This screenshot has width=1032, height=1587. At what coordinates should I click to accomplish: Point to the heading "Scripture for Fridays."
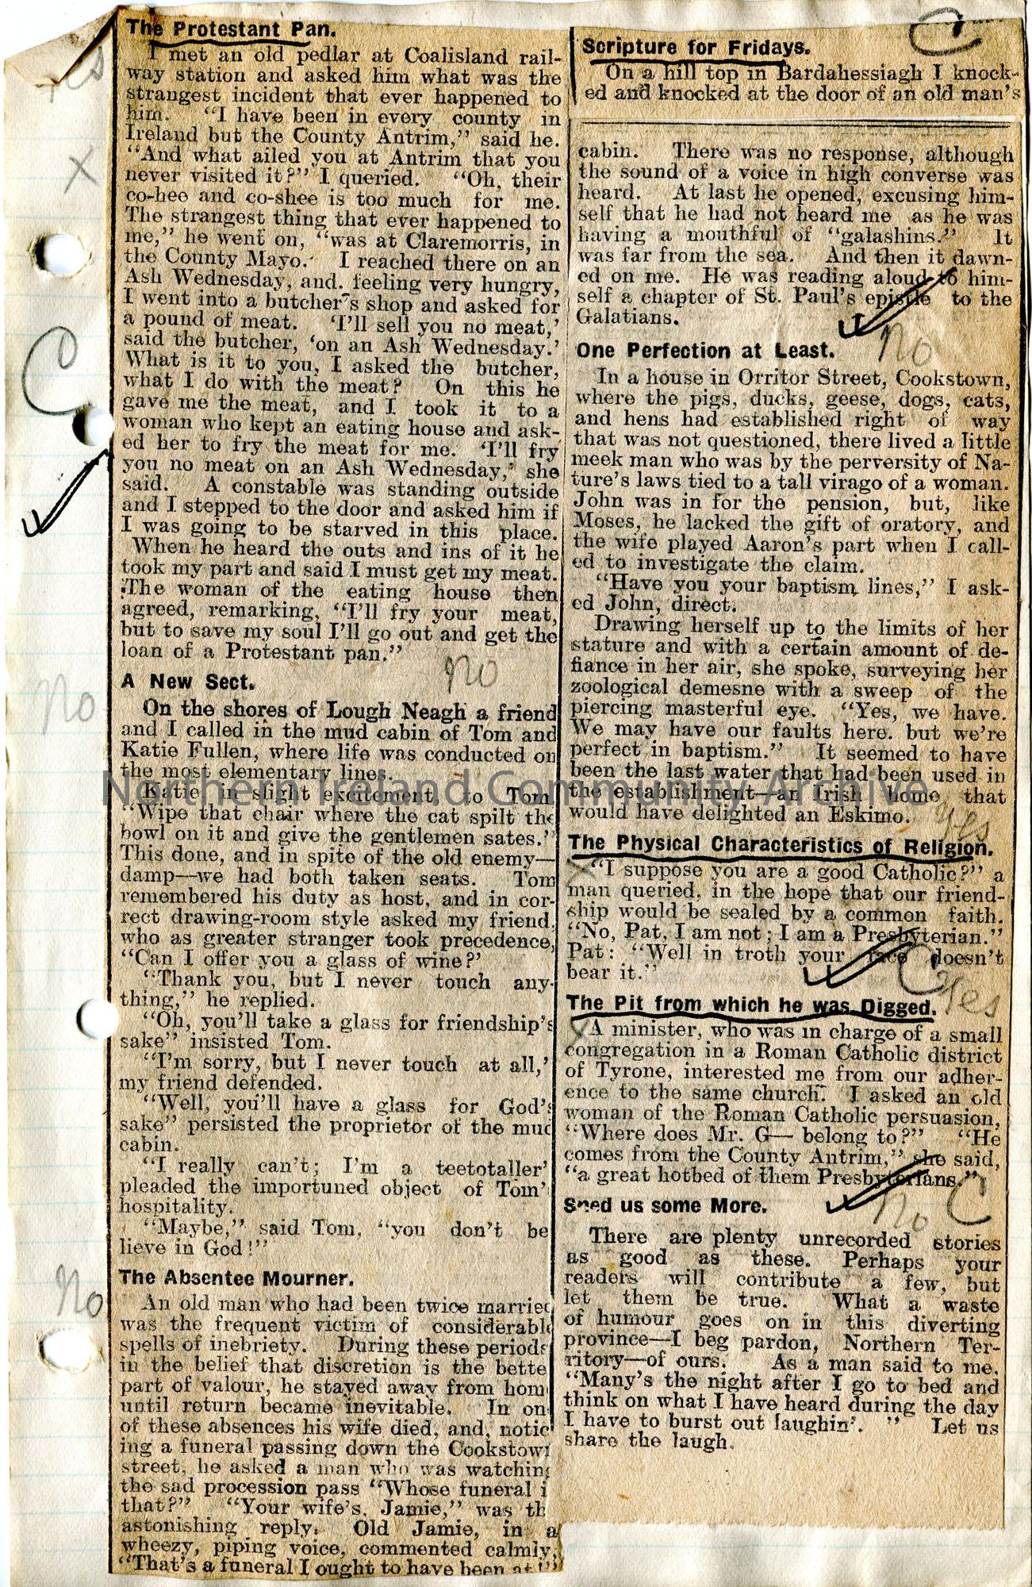[695, 48]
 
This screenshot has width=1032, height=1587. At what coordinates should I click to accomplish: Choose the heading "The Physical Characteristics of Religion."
[781, 847]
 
